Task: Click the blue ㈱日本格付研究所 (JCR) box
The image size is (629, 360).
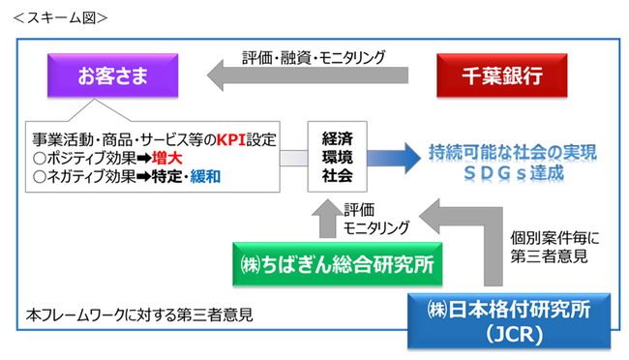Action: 508,319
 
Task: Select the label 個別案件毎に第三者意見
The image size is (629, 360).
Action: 553,247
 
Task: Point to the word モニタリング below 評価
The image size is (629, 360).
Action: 376,226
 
